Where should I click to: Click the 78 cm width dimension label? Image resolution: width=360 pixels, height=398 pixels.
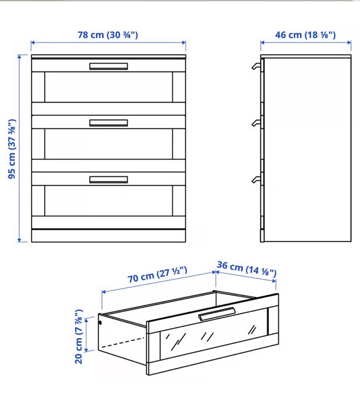108,35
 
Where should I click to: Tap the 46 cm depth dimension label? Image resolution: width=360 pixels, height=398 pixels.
305,35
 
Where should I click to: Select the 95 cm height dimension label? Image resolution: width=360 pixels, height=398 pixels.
12,149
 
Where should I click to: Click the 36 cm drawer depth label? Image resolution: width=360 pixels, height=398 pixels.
247,269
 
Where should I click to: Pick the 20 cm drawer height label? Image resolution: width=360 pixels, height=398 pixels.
79,337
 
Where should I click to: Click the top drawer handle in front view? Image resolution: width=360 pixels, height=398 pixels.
108,66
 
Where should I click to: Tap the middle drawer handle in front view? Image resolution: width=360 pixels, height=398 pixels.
108,123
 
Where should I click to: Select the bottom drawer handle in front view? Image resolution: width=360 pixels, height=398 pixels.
108,179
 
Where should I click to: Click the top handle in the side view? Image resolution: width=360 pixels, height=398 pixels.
256,66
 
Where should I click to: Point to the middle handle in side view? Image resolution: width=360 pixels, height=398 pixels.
256,123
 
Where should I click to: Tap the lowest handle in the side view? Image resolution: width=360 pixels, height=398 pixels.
256,179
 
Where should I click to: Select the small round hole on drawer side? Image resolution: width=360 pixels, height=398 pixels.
100,323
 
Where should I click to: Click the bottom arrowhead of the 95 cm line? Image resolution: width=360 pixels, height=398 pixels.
19,240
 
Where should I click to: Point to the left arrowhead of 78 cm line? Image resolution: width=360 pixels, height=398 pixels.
33,43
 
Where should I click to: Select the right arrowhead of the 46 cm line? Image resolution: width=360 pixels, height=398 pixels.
349,42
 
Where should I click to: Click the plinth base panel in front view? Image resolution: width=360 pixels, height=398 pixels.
108,236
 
